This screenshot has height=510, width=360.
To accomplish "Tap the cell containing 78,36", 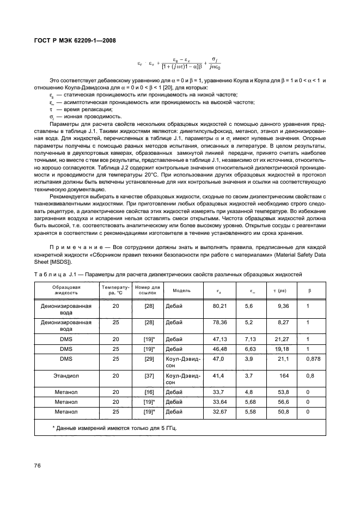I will (x=219, y=322).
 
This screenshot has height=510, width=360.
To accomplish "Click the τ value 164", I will (x=284, y=375).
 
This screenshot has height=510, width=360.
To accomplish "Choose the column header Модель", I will (x=181, y=290).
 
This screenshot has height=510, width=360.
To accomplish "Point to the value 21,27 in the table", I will (x=282, y=338).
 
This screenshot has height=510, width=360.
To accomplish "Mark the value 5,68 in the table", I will (x=249, y=402).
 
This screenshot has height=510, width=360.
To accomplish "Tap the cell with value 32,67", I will (x=219, y=412).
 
